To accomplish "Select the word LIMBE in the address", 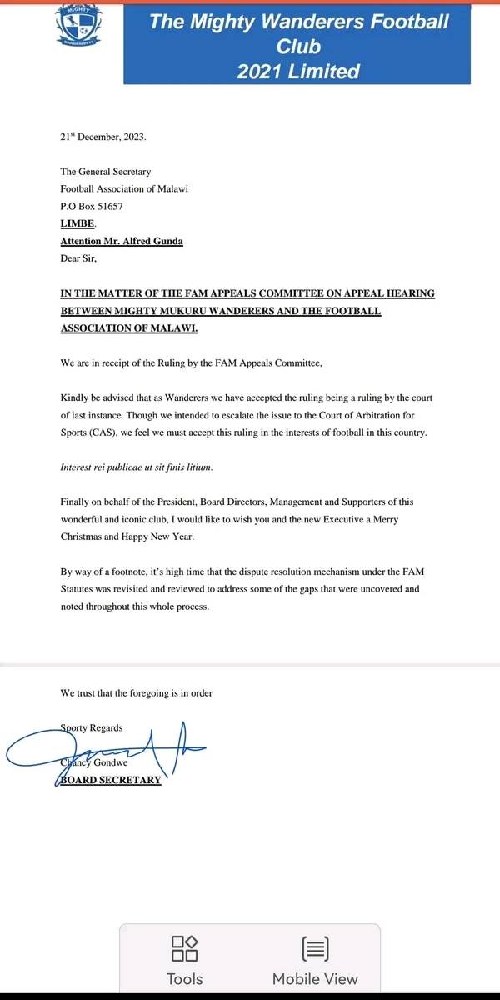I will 78,223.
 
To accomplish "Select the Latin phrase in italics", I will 137,467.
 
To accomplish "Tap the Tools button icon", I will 184,947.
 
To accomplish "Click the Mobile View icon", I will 315,947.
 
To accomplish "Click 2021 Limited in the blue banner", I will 297,72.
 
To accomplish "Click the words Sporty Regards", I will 92,727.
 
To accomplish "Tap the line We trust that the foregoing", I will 136,692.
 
